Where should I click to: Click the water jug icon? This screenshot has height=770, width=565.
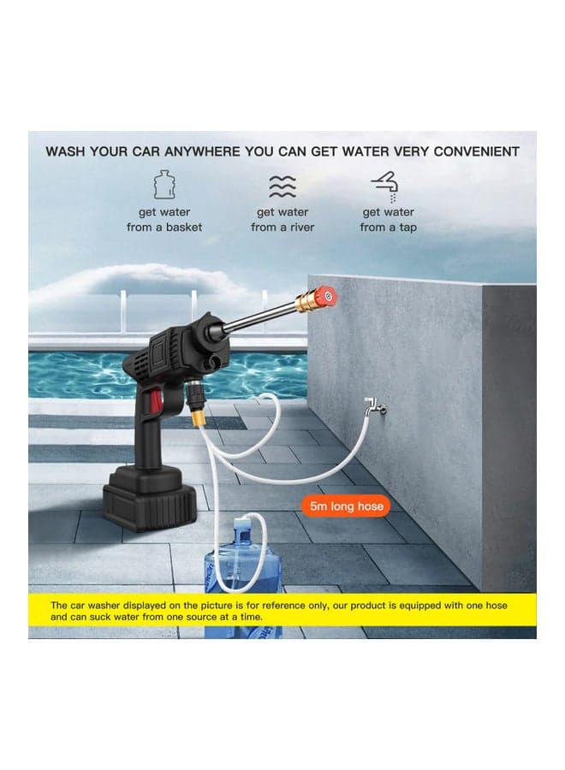coord(164,184)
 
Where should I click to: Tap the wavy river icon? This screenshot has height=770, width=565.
coord(282,187)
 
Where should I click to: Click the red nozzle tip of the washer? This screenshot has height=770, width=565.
coord(326,296)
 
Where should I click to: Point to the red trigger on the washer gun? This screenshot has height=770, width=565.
coord(157,400)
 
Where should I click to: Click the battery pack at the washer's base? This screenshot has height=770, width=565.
coord(149,499)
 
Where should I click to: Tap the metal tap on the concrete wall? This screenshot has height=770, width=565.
coord(374,407)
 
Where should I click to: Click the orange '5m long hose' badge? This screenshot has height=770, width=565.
coord(346,506)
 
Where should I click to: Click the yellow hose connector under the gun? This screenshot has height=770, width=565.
coord(199,418)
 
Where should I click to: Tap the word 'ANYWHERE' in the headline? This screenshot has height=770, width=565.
coord(202,151)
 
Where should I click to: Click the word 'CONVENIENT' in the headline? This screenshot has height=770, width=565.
coord(476,151)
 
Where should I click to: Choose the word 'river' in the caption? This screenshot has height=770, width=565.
coord(301,228)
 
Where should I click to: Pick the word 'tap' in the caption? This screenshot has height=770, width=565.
coord(407,228)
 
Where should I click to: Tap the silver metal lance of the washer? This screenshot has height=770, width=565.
coord(260,317)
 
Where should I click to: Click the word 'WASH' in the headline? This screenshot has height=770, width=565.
coord(65,151)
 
